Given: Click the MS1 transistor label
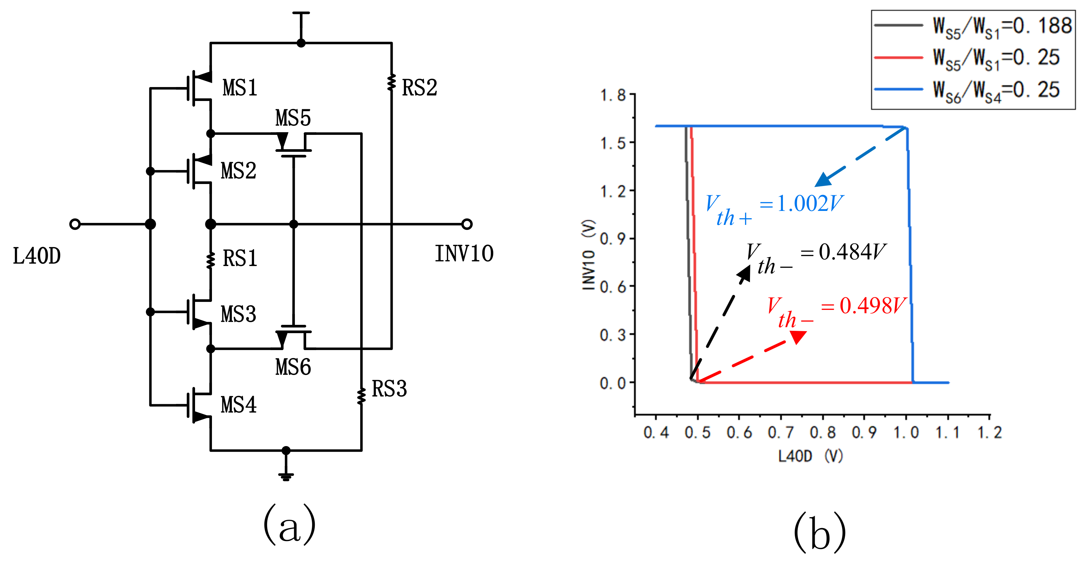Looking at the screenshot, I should [x=240, y=88].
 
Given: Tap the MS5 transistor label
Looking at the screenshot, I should [x=293, y=118].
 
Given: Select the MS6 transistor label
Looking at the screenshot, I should [x=293, y=367].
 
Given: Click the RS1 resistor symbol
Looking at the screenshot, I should [x=210, y=260].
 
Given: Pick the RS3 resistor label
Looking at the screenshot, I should [x=389, y=389].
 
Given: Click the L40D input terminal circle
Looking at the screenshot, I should [x=75, y=224].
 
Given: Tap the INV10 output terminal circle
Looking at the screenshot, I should [x=467, y=224].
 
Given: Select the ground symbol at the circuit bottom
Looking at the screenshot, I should [x=286, y=476].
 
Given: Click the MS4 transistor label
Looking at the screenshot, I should [x=238, y=405].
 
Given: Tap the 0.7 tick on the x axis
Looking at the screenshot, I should [x=780, y=432].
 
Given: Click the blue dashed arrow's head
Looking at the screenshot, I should [x=823, y=180].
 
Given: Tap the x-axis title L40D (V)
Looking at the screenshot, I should [x=810, y=456].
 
